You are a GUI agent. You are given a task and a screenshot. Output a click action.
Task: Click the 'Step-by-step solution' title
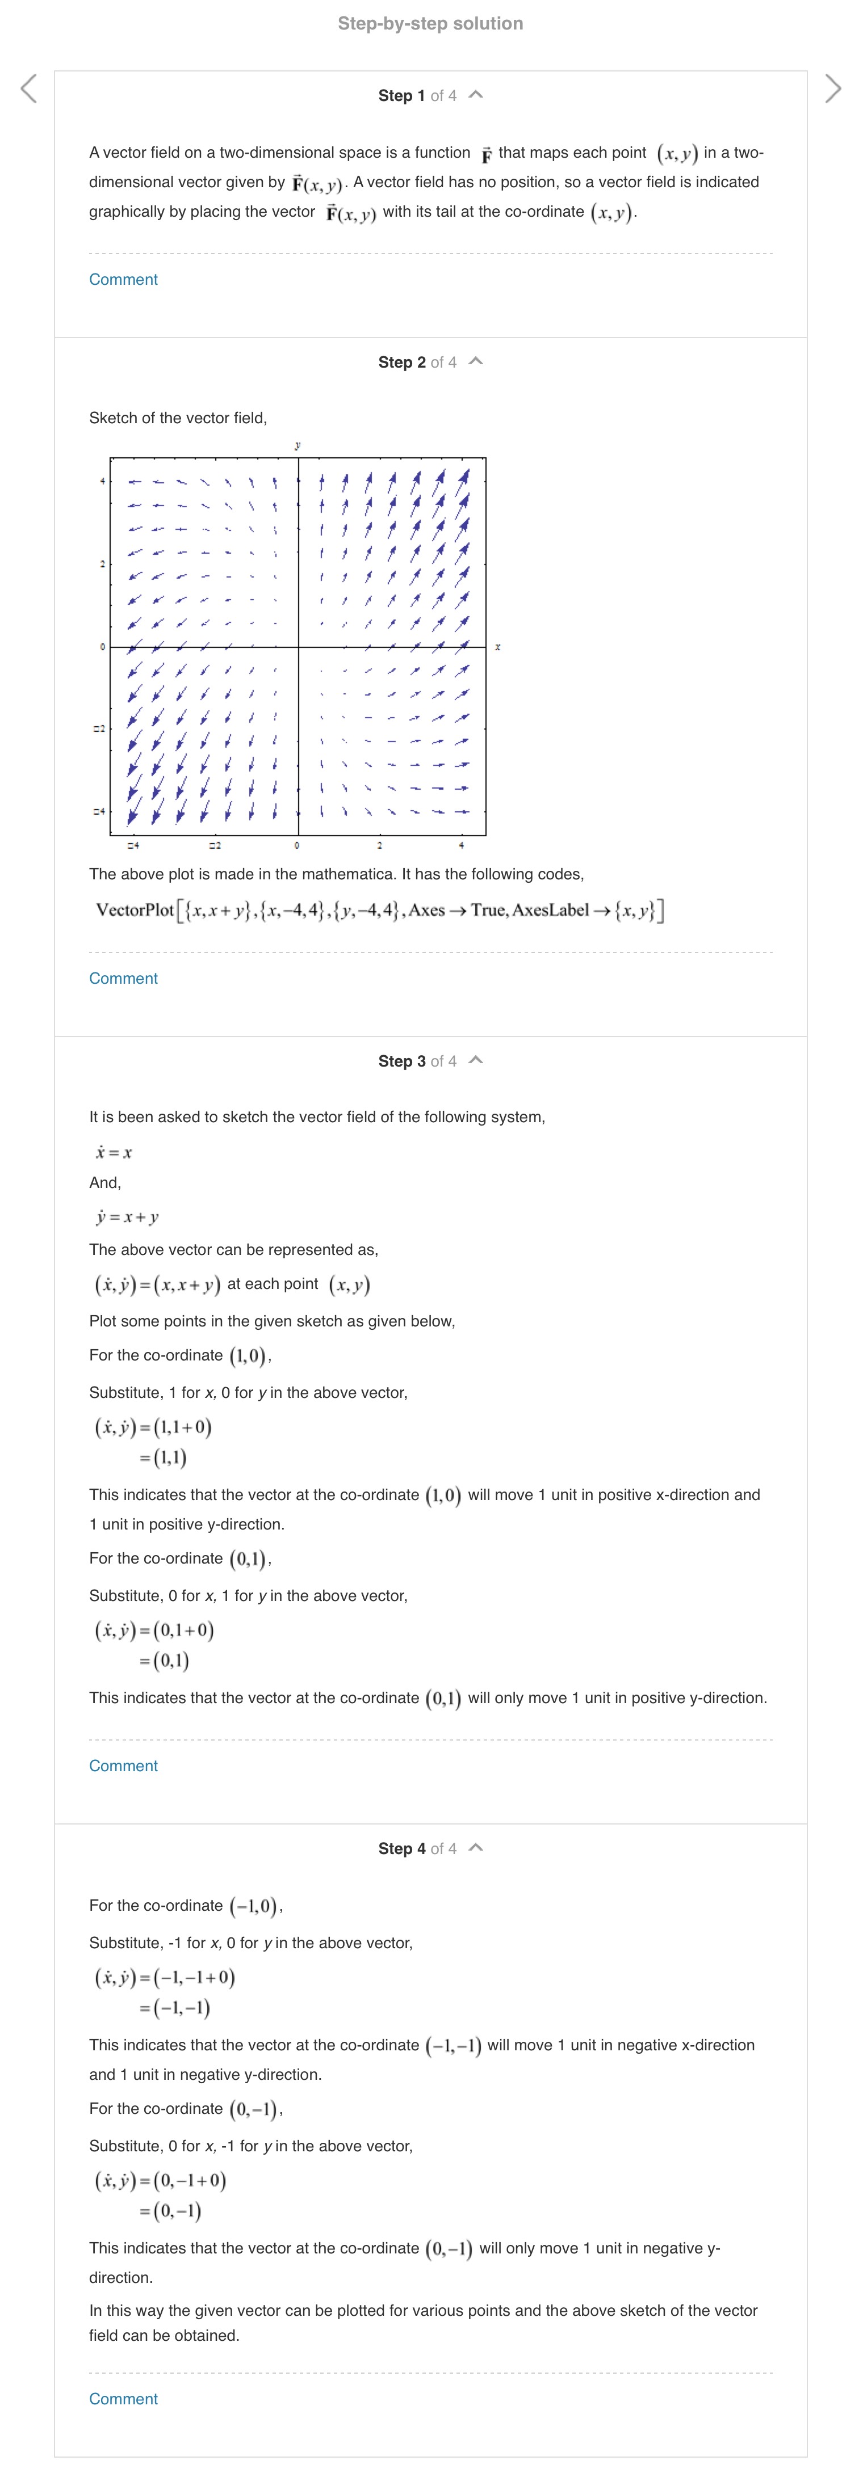click(430, 24)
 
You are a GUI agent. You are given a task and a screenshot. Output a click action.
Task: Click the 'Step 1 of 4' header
click(417, 96)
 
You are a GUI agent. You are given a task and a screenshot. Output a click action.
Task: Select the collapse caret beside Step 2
click(476, 361)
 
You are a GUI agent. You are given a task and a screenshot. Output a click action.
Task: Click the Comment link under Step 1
click(123, 280)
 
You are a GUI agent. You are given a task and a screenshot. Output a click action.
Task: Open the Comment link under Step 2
click(123, 979)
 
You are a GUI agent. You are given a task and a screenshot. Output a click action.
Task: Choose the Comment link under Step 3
click(123, 1766)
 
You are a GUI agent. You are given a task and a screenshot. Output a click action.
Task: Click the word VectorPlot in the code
click(134, 909)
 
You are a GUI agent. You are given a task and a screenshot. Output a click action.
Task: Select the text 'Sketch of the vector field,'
click(177, 418)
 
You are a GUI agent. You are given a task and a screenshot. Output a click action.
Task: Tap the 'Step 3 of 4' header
click(417, 1061)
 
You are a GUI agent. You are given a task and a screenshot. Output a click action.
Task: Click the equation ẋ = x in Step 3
click(114, 1152)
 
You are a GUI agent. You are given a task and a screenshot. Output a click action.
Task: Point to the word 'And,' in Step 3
click(104, 1183)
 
